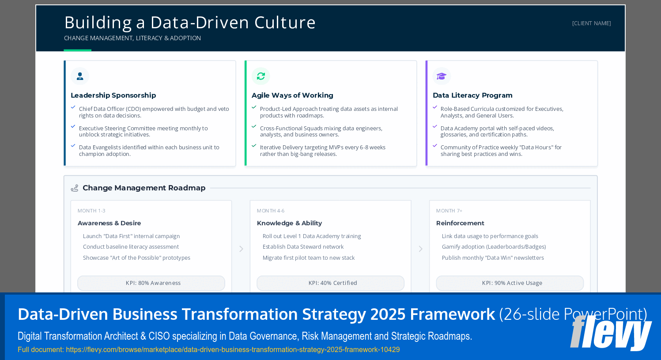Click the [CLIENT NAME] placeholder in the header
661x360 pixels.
pyautogui.click(x=591, y=23)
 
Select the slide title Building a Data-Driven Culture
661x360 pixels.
pyautogui.click(x=190, y=23)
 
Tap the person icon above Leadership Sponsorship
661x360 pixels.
pyautogui.click(x=80, y=76)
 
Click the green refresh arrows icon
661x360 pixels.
pyautogui.click(x=261, y=76)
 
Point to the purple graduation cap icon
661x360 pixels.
pyautogui.click(x=442, y=76)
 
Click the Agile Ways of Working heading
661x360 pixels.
pyautogui.click(x=292, y=95)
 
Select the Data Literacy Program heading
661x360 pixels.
pyautogui.click(x=472, y=95)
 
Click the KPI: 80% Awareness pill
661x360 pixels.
pyautogui.click(x=151, y=283)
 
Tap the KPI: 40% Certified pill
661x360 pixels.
pyautogui.click(x=330, y=283)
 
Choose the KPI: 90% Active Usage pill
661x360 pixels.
pyautogui.click(x=510, y=283)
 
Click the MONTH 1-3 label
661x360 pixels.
pyautogui.click(x=91, y=211)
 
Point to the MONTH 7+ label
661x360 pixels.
pyautogui.click(x=449, y=211)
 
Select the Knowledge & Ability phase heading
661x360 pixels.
pyautogui.click(x=289, y=224)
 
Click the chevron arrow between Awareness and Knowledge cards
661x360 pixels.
pyautogui.click(x=241, y=249)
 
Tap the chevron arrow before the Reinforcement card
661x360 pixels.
pyautogui.click(x=420, y=249)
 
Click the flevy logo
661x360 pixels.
pyautogui.click(x=611, y=332)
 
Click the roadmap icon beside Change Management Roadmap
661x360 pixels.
pyautogui.click(x=75, y=188)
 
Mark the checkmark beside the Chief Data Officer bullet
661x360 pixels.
pyautogui.click(x=73, y=107)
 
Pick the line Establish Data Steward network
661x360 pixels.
pyautogui.click(x=303, y=247)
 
